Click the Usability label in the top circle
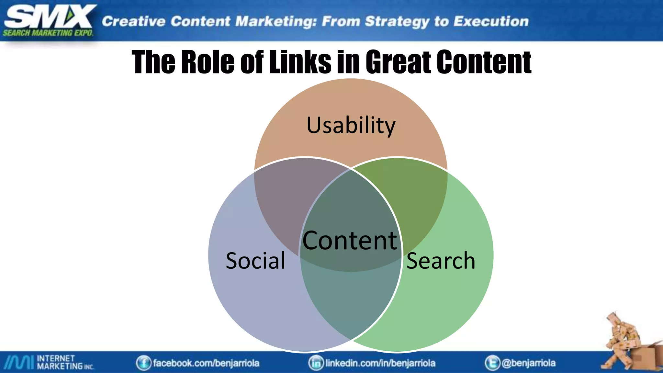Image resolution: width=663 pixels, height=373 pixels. coord(351,125)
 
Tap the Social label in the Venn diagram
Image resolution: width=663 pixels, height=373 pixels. coord(255,261)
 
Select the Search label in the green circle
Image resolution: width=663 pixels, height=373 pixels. coord(441,261)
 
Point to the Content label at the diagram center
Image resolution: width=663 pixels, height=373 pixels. coord(350,241)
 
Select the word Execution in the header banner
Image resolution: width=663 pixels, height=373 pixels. coord(491,21)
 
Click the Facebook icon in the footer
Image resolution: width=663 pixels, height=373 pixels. coord(143,363)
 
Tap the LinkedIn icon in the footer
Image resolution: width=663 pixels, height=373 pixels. coord(316,363)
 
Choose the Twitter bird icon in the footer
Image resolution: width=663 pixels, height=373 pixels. coord(492,363)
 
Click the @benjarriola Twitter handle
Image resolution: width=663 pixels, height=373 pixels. coord(528,363)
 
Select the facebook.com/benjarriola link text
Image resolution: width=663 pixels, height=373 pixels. coord(206,363)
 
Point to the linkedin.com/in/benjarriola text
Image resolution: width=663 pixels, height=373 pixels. coord(380,363)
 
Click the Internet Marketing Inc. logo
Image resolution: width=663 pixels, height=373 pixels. coord(49,362)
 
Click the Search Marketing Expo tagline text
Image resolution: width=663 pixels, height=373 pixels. coord(48,33)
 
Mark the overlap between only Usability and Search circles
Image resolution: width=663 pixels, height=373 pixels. coord(421,201)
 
